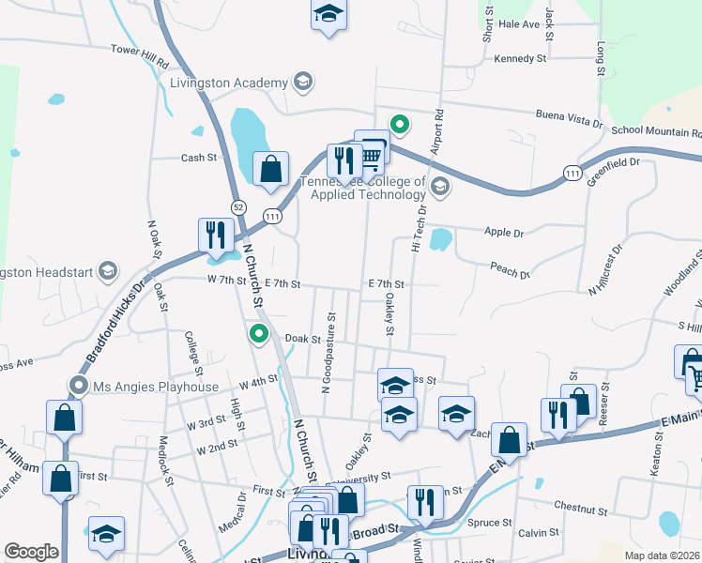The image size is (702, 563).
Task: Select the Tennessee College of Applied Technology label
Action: pyautogui.click(x=362, y=188)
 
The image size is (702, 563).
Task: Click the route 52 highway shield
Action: pyautogui.click(x=238, y=206)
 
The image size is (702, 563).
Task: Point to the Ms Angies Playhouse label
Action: pyautogui.click(x=156, y=387)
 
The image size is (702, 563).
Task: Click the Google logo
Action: pyautogui.click(x=31, y=552)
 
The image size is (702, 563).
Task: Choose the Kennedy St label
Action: pyautogui.click(x=520, y=58)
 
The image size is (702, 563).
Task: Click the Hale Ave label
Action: pyautogui.click(x=520, y=24)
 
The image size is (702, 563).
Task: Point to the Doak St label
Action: pyautogui.click(x=303, y=339)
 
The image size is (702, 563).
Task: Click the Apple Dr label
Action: pyautogui.click(x=504, y=232)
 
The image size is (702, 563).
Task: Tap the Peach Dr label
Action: pyautogui.click(x=510, y=270)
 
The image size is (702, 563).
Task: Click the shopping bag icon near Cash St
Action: pyautogui.click(x=270, y=170)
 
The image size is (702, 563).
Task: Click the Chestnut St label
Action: pyautogui.click(x=582, y=506)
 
